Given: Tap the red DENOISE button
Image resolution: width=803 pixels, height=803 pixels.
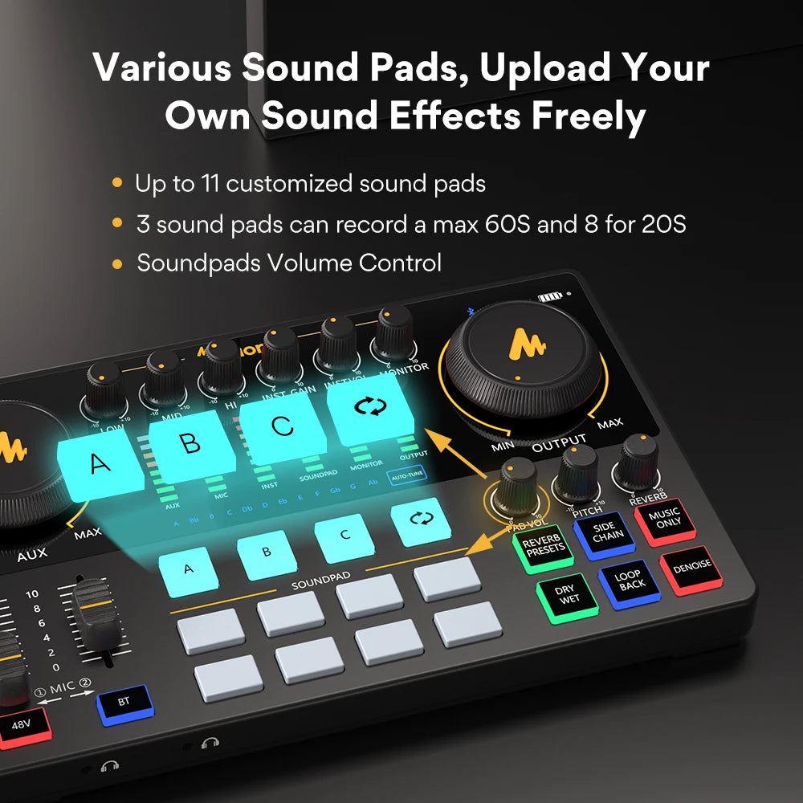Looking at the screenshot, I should (x=692, y=566).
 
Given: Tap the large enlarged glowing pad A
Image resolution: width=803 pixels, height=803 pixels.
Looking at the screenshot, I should (x=100, y=463).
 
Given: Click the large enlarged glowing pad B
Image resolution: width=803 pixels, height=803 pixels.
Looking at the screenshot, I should (x=191, y=443).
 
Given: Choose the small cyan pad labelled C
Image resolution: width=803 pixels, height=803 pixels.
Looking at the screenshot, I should (x=344, y=536).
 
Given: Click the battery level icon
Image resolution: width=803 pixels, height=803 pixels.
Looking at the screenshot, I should (x=551, y=297).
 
